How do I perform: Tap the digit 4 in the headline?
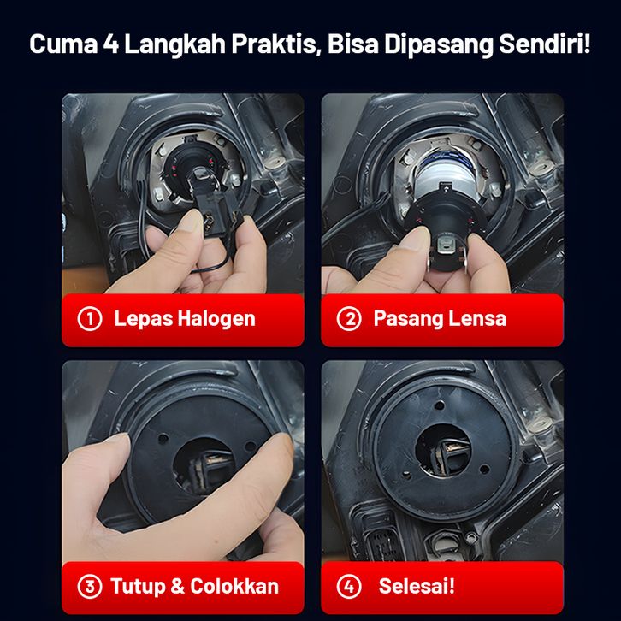111,44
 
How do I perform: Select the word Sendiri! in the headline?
545,44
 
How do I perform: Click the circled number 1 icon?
90,319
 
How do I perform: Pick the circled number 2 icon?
349,319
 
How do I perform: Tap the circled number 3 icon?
90,586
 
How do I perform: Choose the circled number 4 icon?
349,586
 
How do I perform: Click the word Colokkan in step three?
234,586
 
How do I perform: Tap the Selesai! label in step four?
417,586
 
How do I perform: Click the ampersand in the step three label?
177,586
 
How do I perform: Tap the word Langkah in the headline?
175,44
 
